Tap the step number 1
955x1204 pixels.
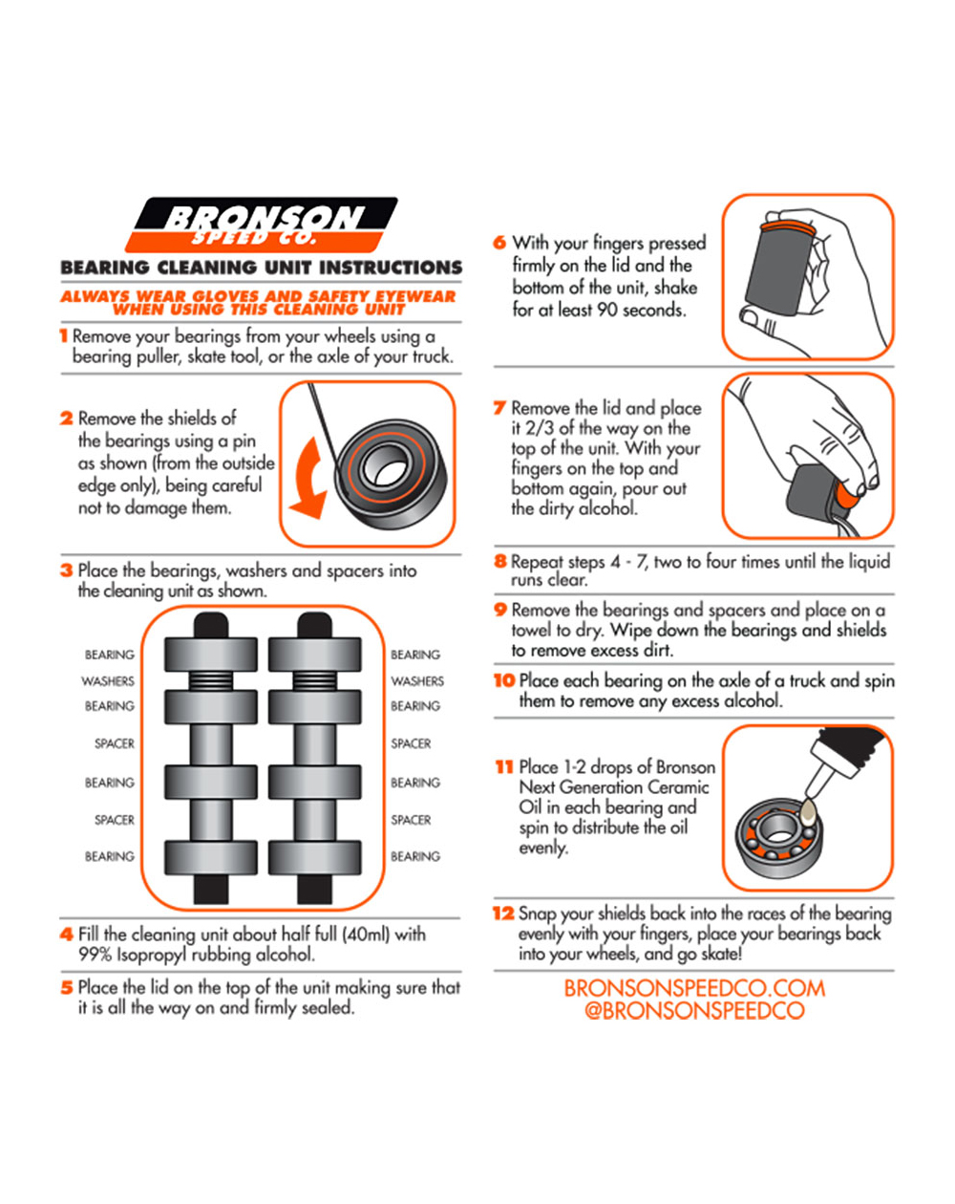(x=63, y=336)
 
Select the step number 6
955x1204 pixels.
(x=499, y=243)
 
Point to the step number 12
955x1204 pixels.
(x=503, y=914)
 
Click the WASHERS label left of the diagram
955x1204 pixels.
(x=108, y=681)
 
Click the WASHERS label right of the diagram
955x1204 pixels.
(x=417, y=681)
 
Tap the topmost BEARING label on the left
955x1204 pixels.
(x=109, y=655)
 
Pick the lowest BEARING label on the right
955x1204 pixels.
(x=415, y=856)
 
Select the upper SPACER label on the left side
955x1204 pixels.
(x=114, y=743)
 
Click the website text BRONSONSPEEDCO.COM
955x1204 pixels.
(x=694, y=989)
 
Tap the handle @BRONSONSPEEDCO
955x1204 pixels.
(x=694, y=1011)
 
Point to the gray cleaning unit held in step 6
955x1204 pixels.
(x=775, y=277)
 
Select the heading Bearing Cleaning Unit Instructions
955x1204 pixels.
(x=261, y=269)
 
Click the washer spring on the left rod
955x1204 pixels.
(x=210, y=681)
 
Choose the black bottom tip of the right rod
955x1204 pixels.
(x=314, y=889)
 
